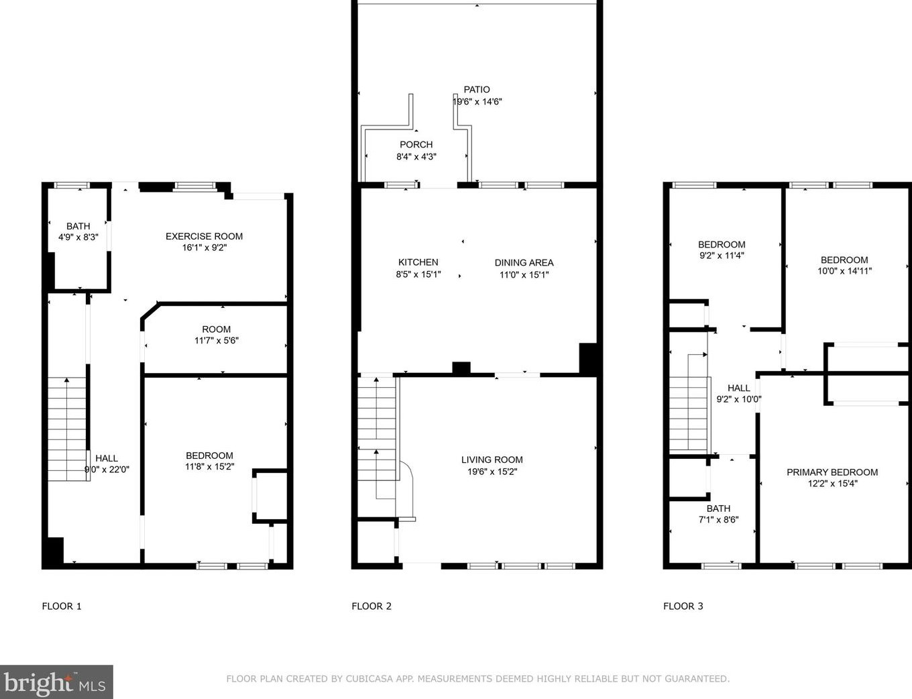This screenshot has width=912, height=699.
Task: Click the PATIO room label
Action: pyautogui.click(x=477, y=89)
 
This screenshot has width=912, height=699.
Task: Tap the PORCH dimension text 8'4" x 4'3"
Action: pyautogui.click(x=416, y=157)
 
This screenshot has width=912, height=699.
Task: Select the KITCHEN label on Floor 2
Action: pyautogui.click(x=418, y=262)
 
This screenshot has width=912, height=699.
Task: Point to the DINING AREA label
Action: pyautogui.click(x=524, y=262)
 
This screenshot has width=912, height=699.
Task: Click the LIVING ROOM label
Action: pyautogui.click(x=492, y=460)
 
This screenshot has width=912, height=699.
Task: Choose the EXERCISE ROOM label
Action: pyautogui.click(x=204, y=236)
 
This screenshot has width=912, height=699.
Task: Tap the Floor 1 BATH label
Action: pyautogui.click(x=78, y=226)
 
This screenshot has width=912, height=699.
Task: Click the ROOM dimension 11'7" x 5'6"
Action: pyautogui.click(x=216, y=341)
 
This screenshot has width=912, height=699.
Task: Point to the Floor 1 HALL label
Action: pyautogui.click(x=106, y=458)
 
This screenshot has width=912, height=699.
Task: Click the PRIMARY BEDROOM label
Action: pyautogui.click(x=832, y=472)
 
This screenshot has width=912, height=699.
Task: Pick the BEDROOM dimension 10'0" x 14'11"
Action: pyautogui.click(x=844, y=272)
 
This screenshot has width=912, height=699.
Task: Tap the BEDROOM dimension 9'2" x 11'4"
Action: pyautogui.click(x=721, y=256)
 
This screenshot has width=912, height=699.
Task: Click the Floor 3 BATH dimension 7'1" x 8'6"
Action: pyautogui.click(x=718, y=520)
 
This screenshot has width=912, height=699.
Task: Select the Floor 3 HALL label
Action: pyautogui.click(x=738, y=388)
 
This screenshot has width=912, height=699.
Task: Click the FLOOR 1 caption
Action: pyautogui.click(x=62, y=606)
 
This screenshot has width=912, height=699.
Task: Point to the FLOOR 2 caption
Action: pyautogui.click(x=372, y=606)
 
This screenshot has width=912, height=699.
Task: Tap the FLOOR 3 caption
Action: pyautogui.click(x=683, y=606)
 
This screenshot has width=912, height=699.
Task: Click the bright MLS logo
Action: pyautogui.click(x=56, y=683)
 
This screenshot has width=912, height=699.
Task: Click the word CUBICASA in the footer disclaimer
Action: pyautogui.click(x=369, y=679)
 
